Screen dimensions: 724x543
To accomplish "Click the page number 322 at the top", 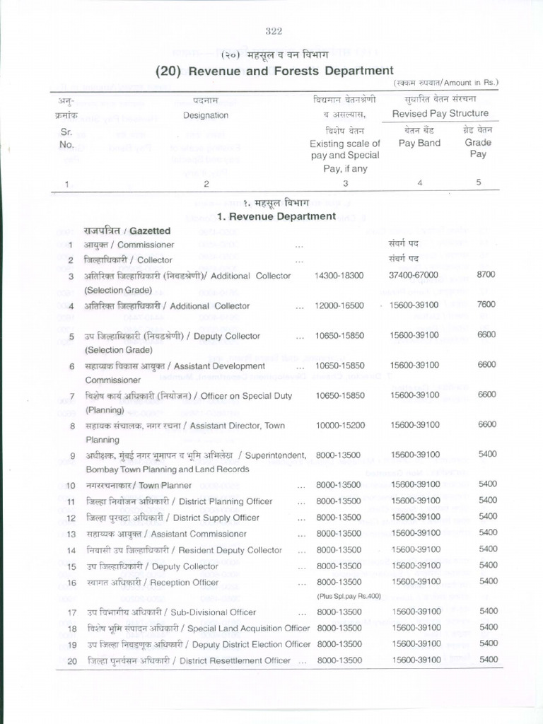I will coord(274,30).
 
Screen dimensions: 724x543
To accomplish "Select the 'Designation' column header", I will coord(206,115).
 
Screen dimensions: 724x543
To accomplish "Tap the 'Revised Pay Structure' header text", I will coord(440,114).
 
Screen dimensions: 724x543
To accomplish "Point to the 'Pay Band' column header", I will coord(419,143).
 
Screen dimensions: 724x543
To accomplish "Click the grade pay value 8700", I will coord(487,275).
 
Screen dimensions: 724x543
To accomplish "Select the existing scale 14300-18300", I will coord(339,275).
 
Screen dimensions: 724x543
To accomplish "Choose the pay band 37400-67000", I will coord(414,275).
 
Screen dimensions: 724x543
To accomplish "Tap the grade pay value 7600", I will coord(487,305).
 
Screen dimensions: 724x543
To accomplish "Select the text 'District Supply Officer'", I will coord(216,518).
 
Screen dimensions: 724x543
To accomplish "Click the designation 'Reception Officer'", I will coord(186,583).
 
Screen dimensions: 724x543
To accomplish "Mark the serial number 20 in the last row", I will coord(71,661).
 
